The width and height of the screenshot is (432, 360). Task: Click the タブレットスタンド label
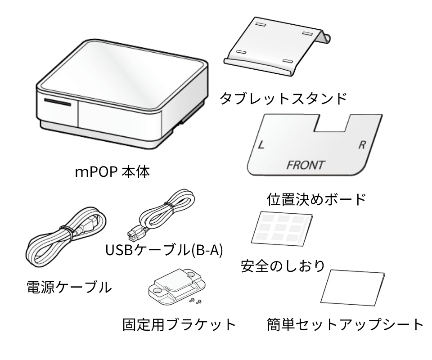click(283, 98)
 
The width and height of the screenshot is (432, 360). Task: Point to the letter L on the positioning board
click(261, 145)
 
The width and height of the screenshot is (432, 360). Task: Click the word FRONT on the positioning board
click(305, 165)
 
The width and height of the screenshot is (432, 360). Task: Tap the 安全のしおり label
click(282, 265)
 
